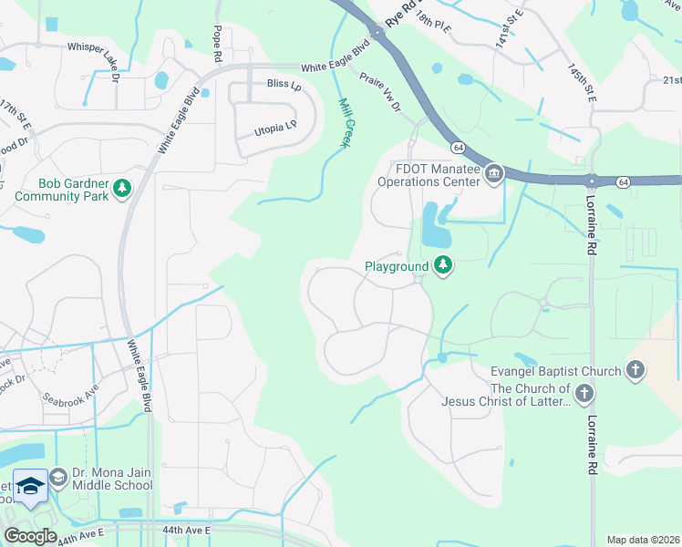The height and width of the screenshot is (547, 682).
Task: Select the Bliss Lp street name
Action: click(x=284, y=85)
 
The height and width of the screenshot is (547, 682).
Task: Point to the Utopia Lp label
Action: click(x=278, y=132)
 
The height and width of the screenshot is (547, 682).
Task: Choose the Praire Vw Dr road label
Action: click(x=380, y=93)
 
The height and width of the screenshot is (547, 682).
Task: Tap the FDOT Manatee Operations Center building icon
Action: click(x=493, y=173)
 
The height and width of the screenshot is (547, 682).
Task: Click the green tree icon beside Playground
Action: click(x=443, y=266)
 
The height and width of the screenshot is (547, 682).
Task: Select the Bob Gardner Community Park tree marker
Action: click(x=121, y=189)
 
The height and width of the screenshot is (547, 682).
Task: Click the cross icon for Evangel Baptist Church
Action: click(x=635, y=370)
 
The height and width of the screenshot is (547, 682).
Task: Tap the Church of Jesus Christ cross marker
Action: click(x=584, y=394)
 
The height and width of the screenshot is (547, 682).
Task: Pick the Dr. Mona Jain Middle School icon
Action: click(x=57, y=478)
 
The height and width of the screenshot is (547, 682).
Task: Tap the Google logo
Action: click(x=31, y=536)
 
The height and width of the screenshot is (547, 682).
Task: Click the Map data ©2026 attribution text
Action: click(x=643, y=540)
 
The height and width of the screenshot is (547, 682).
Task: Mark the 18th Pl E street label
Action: click(x=435, y=23)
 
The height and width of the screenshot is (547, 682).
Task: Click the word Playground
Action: click(x=397, y=267)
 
